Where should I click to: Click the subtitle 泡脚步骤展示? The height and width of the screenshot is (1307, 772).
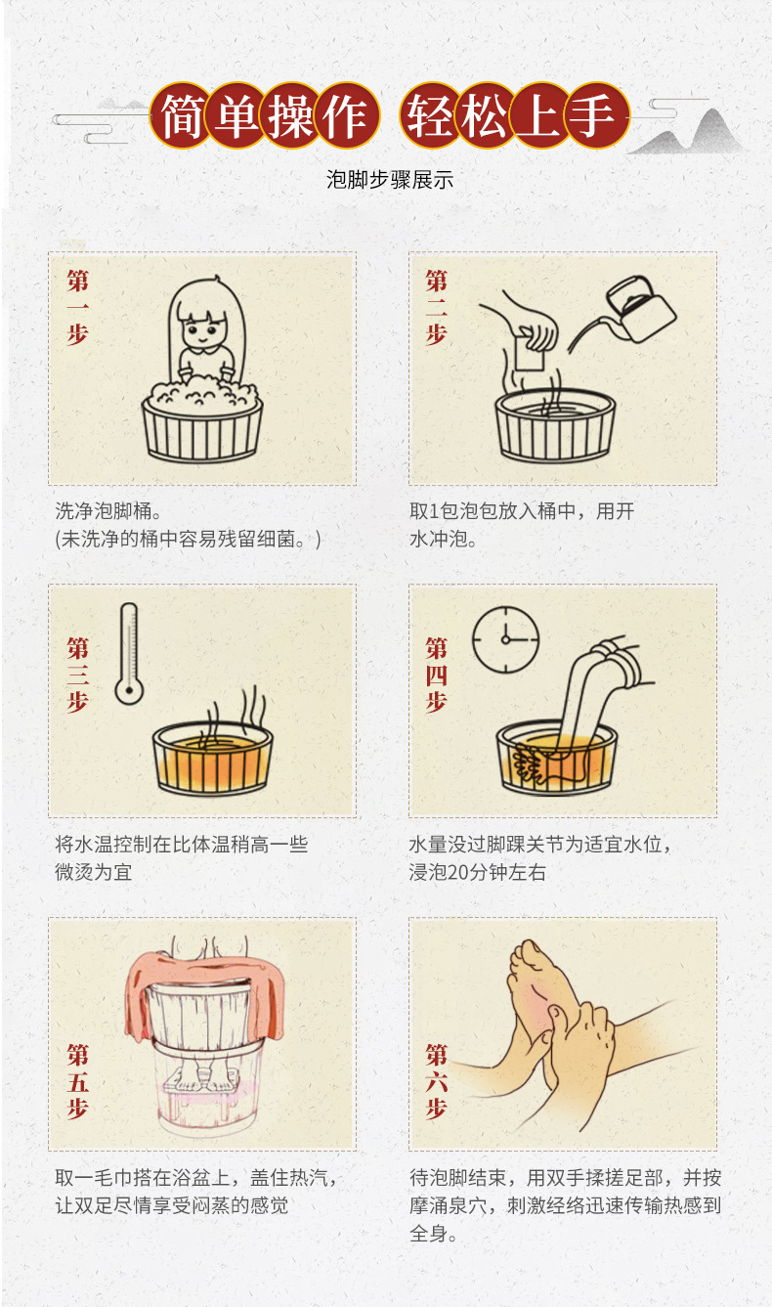pos(389,180)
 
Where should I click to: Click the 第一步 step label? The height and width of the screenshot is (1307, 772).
pos(77,307)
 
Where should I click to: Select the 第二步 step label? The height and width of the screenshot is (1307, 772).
pos(436,307)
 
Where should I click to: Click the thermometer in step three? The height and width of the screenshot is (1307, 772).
pos(127,653)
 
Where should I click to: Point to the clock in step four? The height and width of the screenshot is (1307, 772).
pos(505,639)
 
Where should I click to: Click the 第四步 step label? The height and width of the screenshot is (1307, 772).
pos(436,675)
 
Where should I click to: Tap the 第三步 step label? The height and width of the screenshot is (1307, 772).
pos(77,675)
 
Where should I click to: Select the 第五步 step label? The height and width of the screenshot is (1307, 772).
pos(77,1081)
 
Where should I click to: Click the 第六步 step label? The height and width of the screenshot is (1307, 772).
pos(436,1081)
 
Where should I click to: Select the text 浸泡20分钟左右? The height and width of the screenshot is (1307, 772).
pos(477,871)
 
